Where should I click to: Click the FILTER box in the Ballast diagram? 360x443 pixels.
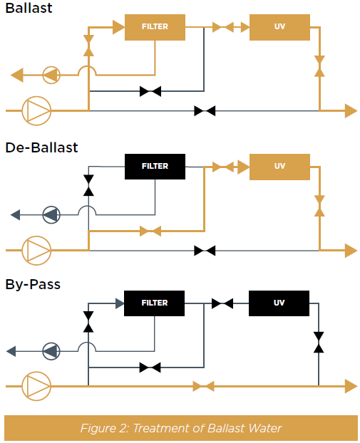point(155,27)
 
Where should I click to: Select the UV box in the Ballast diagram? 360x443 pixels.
point(279,27)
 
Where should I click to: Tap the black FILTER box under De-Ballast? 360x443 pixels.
point(155,167)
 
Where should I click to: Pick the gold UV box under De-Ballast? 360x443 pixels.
point(279,167)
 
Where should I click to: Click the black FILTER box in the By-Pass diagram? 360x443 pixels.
point(155,303)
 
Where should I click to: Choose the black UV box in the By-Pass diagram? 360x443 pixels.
point(279,303)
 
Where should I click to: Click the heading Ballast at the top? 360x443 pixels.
point(29,8)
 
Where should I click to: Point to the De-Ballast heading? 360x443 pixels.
point(41,147)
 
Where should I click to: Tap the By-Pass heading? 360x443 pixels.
point(33,284)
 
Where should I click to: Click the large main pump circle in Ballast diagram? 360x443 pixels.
point(36,111)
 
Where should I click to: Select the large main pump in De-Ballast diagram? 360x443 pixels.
point(36,250)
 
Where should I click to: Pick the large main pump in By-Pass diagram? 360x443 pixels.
point(36,386)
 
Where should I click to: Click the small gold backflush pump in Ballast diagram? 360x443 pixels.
point(51,75)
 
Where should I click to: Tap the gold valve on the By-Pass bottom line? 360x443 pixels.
point(204,386)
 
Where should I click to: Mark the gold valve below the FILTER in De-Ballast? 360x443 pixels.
point(150,231)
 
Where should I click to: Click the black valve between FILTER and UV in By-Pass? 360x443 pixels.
point(222,303)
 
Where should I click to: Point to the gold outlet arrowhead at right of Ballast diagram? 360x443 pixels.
point(351,111)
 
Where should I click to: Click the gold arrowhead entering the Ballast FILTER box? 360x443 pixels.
point(119,27)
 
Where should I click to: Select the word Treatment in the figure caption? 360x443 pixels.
point(161,428)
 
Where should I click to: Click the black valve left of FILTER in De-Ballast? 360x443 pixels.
point(88,185)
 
